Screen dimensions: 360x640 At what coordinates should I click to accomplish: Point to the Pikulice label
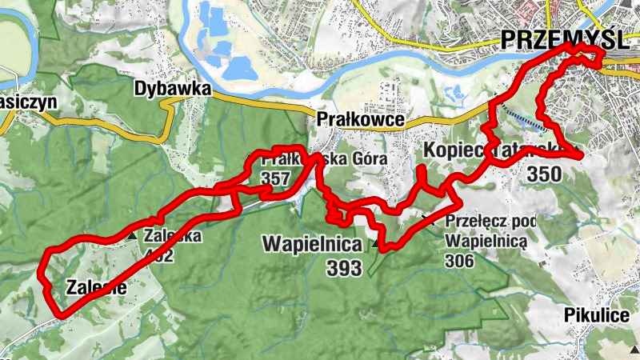tap(596, 314)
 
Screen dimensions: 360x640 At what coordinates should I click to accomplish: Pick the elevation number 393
tap(344, 269)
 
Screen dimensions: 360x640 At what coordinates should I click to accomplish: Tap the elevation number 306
tap(461, 261)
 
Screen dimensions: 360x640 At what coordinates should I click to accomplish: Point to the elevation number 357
tap(274, 178)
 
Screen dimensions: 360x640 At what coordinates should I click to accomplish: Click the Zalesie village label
tap(96, 287)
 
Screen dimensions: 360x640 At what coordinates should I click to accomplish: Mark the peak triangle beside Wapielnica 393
tap(374, 242)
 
